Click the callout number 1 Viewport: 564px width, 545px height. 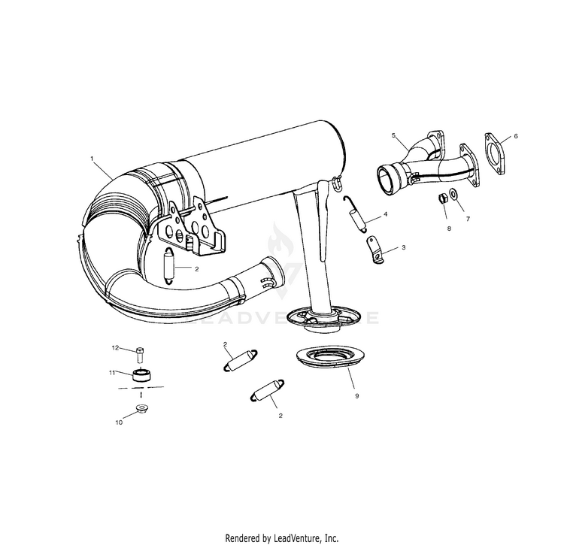click(92, 158)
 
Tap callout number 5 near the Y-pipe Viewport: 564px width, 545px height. click(393, 135)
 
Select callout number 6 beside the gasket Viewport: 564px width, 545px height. click(516, 136)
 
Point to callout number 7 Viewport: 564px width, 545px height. click(468, 219)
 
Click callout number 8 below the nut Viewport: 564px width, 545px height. click(449, 229)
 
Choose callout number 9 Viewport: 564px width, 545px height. click(356, 396)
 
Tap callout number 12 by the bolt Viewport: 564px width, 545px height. click(115, 347)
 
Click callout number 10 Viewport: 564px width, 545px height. click(119, 422)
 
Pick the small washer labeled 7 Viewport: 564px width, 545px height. click(454, 195)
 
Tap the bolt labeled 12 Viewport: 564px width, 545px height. click(141, 355)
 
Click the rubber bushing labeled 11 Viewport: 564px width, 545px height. click(141, 375)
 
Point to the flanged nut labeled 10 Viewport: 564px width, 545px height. click(143, 408)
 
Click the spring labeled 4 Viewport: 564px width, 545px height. click(356, 213)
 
